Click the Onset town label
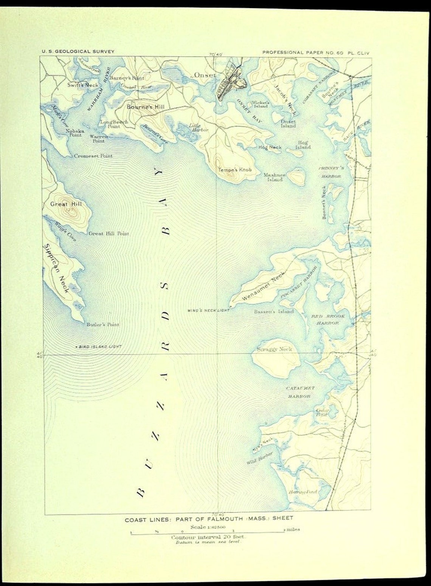pyautogui.click(x=205, y=75)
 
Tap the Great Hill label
pyautogui.click(x=66, y=204)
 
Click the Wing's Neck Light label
pyautogui.click(x=208, y=310)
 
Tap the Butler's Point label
pyautogui.click(x=102, y=325)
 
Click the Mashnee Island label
pyautogui.click(x=274, y=177)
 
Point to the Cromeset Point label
pyautogui.click(x=93, y=156)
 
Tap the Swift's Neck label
pyautogui.click(x=83, y=85)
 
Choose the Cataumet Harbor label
pyautogui.click(x=300, y=392)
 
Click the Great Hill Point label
pyautogui.click(x=109, y=234)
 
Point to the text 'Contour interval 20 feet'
pyautogui.click(x=208, y=537)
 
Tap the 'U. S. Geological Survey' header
pyautogui.click(x=78, y=51)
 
